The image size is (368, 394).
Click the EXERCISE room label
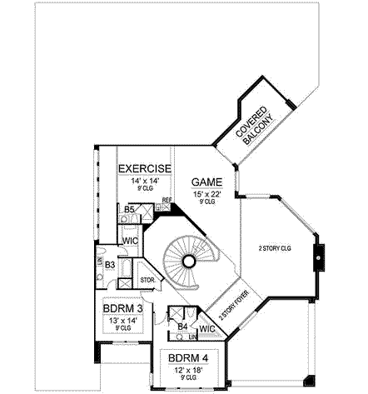point(144,168)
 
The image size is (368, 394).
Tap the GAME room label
point(206,181)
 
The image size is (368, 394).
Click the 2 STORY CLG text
point(274,248)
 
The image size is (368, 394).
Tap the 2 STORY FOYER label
point(235,306)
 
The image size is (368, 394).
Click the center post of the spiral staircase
point(189,262)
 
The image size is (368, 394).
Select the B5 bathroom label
point(129,210)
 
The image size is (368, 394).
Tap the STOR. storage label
point(147,280)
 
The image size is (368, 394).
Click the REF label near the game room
point(167,200)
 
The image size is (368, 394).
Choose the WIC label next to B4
point(207,328)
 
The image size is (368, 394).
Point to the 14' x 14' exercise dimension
point(144,181)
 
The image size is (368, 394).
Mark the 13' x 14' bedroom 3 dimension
point(122,320)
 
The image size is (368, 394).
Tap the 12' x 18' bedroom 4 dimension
point(187,371)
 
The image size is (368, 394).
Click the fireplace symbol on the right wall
point(316,258)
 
